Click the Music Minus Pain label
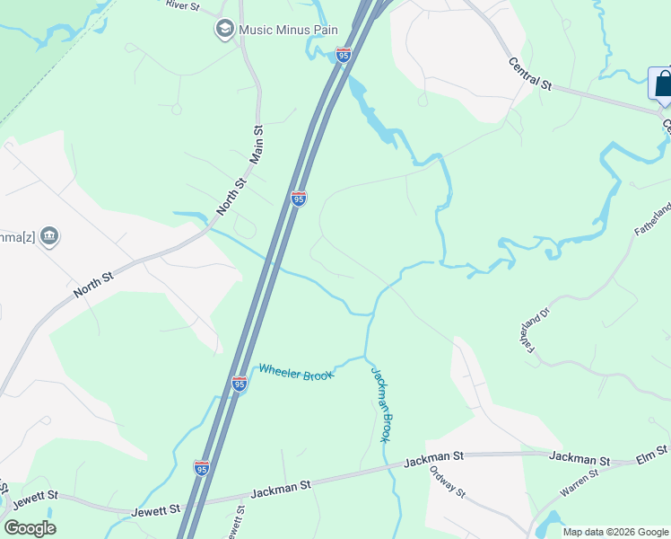[288, 30]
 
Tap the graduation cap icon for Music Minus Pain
[223, 30]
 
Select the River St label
[183, 4]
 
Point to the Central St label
[529, 75]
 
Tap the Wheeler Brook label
[296, 371]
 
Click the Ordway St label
[447, 482]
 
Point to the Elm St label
[652, 452]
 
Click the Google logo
[30, 528]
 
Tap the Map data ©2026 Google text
[615, 532]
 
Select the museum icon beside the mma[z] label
[49, 236]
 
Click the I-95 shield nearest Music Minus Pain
[343, 55]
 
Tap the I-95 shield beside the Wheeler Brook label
[239, 383]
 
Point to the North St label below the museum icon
[93, 285]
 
